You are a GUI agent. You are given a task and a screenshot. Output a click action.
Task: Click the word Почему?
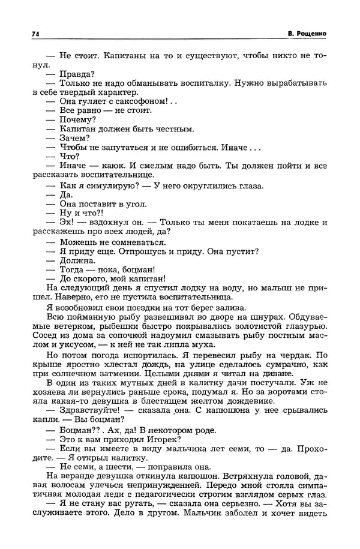pos(79,119)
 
